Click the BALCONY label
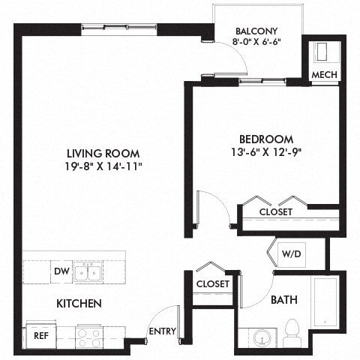point(256,31)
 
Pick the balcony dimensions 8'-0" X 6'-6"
point(256,43)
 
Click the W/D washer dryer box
point(291,253)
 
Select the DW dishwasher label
point(61,271)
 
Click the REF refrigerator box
point(40,336)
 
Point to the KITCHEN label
point(79,304)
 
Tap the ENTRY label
point(162,331)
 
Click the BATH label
point(283,300)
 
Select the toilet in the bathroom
point(292,330)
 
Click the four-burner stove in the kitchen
point(89,337)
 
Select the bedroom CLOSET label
point(275,212)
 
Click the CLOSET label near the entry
point(212,284)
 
